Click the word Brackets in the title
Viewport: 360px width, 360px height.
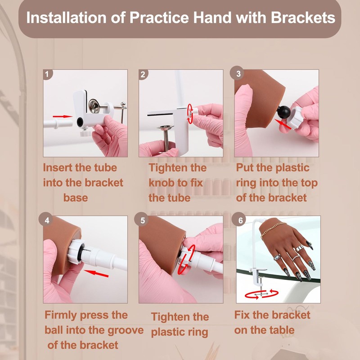(x=303, y=18)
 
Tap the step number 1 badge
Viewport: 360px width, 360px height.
(x=48, y=74)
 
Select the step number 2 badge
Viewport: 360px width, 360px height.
(x=143, y=74)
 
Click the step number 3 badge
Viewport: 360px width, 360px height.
(x=238, y=73)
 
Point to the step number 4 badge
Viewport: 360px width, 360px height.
(x=47, y=220)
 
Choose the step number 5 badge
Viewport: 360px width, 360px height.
(x=142, y=220)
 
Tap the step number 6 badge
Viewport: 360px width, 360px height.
(x=240, y=220)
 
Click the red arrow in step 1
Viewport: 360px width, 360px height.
(x=63, y=117)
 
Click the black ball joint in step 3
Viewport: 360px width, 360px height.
(x=284, y=112)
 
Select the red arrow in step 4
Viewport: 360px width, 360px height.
(x=96, y=273)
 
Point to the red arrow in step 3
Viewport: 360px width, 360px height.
(x=283, y=124)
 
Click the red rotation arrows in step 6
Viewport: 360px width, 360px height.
(x=261, y=294)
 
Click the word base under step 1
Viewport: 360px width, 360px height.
(x=76, y=198)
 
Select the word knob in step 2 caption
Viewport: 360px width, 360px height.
(x=161, y=183)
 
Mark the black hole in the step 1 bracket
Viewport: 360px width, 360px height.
(x=80, y=122)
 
